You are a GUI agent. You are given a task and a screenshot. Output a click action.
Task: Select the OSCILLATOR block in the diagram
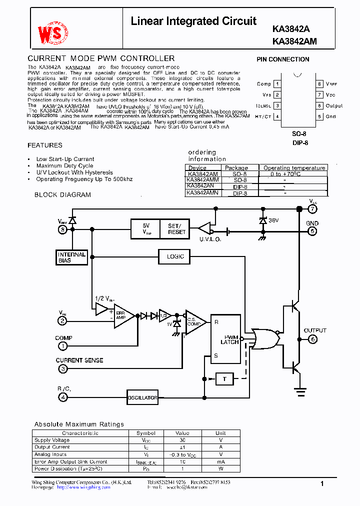pos(142,397)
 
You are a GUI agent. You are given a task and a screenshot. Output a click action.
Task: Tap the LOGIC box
pos(175,256)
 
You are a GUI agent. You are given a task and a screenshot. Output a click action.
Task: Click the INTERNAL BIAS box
pos(71,257)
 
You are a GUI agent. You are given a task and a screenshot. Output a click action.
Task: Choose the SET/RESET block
pos(176,228)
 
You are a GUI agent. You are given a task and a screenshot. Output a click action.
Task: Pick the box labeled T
pos(224,379)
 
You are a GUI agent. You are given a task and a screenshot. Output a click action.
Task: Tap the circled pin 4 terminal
pos(62,397)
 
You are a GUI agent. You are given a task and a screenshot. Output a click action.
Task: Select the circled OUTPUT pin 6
pos(312,339)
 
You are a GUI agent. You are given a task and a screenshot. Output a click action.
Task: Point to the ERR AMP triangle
pos(122,316)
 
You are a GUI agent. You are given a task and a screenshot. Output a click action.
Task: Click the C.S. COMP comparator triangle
pos(194,320)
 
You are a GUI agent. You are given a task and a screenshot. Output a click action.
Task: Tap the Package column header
pos(236,168)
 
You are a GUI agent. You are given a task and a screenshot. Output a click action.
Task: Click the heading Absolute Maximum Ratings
pos(79,424)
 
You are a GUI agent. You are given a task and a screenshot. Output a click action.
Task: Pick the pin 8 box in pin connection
pos(318,84)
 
